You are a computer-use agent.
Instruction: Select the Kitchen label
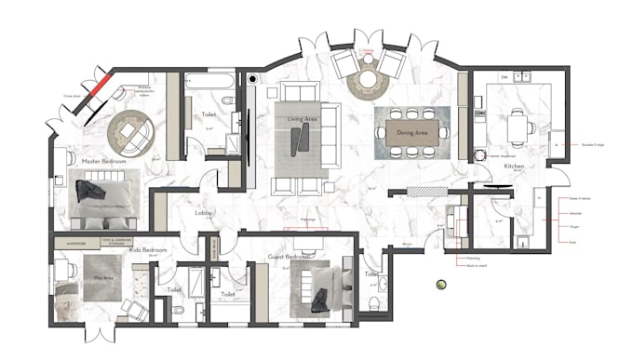pyautogui.click(x=514, y=167)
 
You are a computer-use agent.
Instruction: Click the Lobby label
pyautogui.click(x=204, y=213)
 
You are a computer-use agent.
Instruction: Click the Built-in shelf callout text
pyautogui.click(x=477, y=267)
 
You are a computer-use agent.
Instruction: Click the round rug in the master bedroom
pyautogui.click(x=131, y=135)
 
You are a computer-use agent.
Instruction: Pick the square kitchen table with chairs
pyautogui.click(x=519, y=127)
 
